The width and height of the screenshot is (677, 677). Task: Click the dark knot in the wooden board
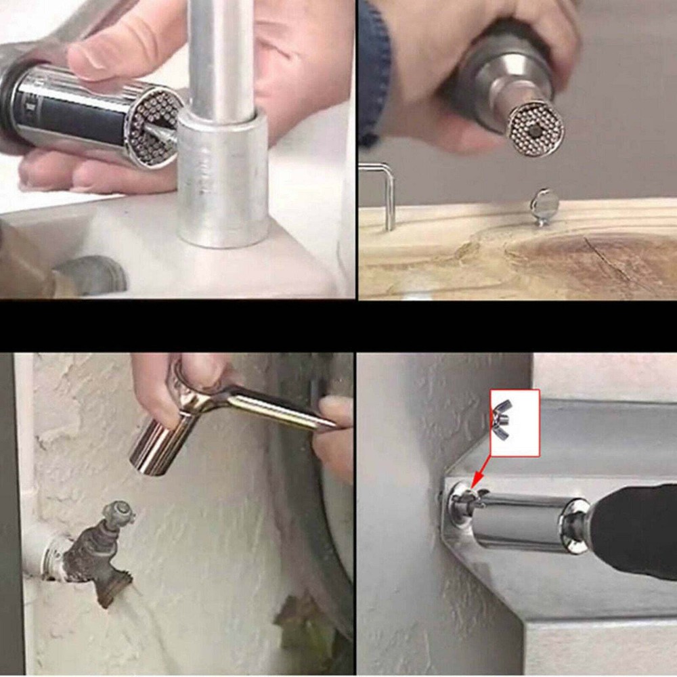(582, 257)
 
